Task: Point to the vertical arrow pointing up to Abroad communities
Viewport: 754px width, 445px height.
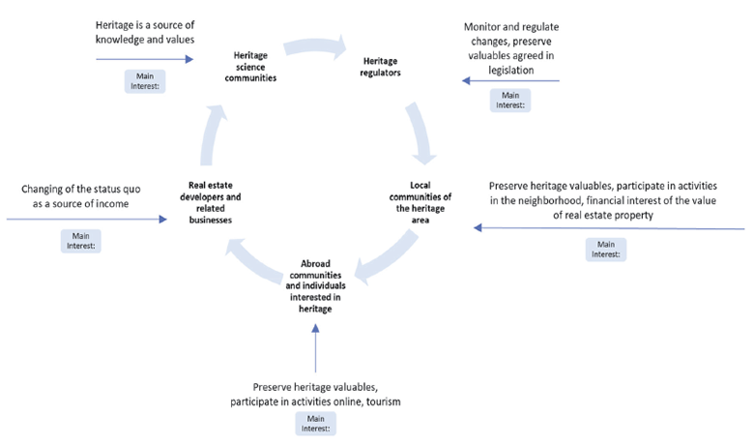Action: tap(316, 348)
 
